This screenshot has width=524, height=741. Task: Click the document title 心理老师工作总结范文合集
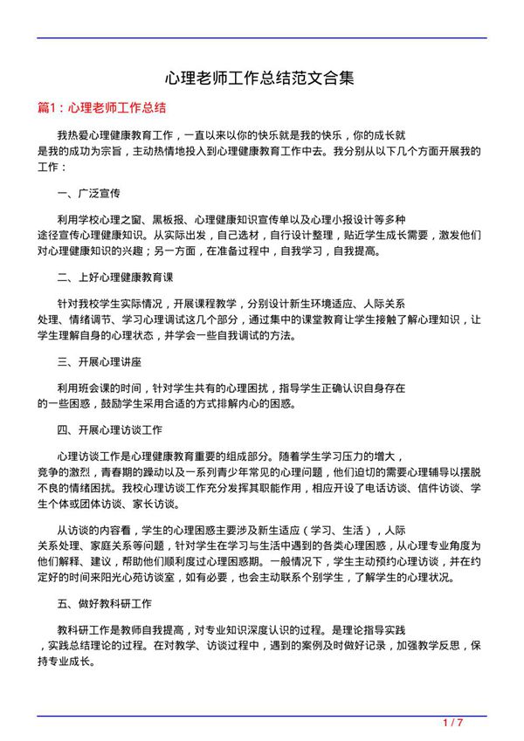point(261,78)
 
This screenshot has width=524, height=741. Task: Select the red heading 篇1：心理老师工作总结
point(101,108)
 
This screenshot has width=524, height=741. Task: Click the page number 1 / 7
point(452,724)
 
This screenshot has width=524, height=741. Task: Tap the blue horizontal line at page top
point(261,38)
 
